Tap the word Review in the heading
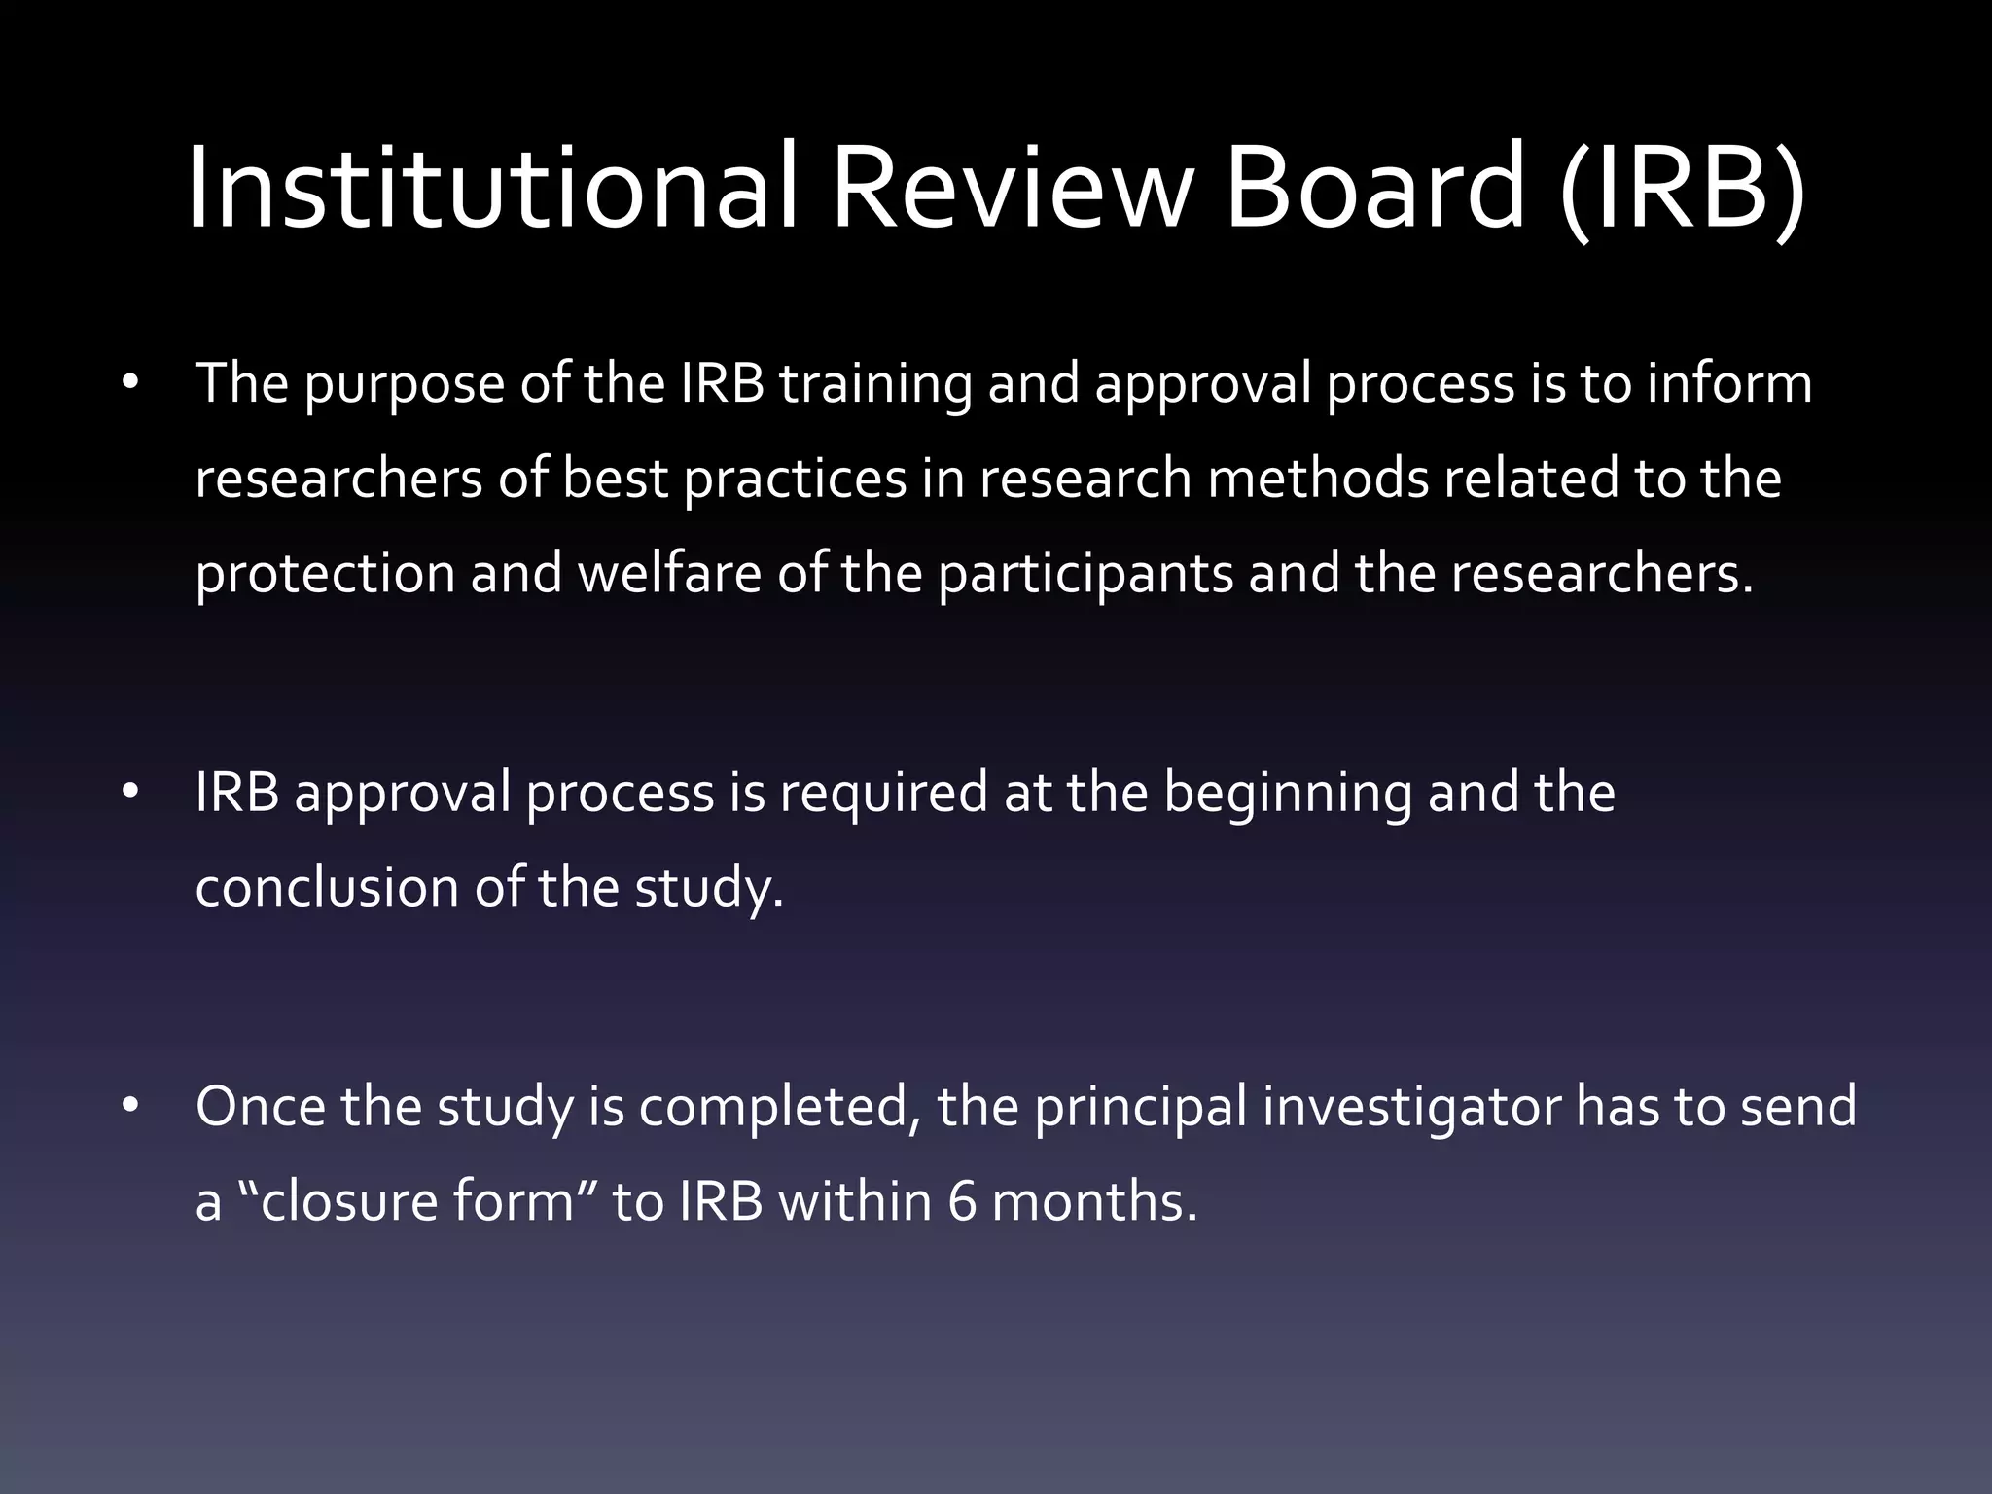tap(1011, 187)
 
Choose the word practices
tap(795, 480)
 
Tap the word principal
tap(1140, 1109)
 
